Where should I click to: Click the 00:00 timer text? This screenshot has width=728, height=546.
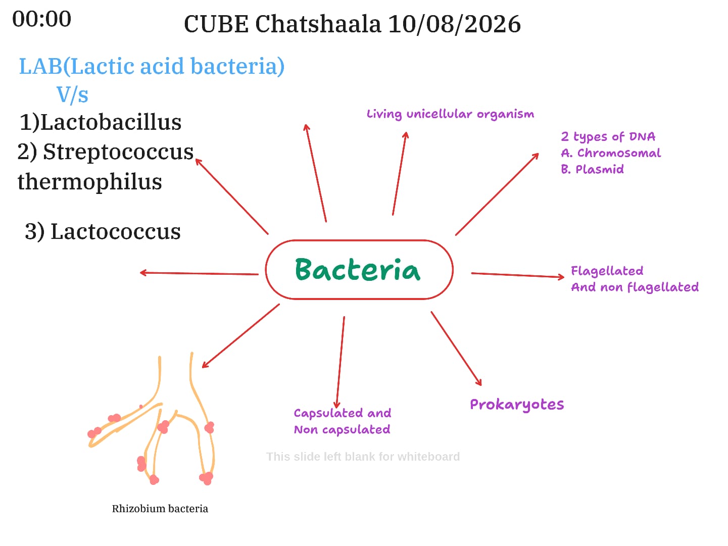(x=41, y=19)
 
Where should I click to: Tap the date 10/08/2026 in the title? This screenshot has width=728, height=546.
(x=454, y=24)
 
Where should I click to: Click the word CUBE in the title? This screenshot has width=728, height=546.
(x=216, y=25)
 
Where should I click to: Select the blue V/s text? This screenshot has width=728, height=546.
(x=72, y=95)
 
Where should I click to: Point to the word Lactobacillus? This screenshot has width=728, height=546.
(x=111, y=122)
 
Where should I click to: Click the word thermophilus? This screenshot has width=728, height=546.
(x=89, y=182)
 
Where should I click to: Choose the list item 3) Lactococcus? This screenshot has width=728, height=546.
(x=103, y=231)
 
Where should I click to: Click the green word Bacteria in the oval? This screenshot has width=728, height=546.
(x=358, y=269)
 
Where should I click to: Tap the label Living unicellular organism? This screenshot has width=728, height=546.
(x=450, y=114)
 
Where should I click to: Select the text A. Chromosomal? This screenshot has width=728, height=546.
(x=611, y=153)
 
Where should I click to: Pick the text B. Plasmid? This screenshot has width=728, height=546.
(x=592, y=169)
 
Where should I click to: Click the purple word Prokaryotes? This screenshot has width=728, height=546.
(x=517, y=405)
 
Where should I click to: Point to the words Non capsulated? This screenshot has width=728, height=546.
(x=342, y=430)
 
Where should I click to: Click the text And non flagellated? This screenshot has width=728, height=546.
(x=635, y=287)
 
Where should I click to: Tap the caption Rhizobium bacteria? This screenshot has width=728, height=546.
(x=160, y=509)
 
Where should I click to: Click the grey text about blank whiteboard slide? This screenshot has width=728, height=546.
(x=363, y=457)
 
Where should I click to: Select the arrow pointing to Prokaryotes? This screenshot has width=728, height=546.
(x=456, y=349)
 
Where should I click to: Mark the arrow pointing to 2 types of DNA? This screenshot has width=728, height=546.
(x=497, y=194)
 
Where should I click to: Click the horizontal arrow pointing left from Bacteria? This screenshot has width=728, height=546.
(x=199, y=273)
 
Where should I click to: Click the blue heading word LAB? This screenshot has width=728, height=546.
(x=41, y=66)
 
